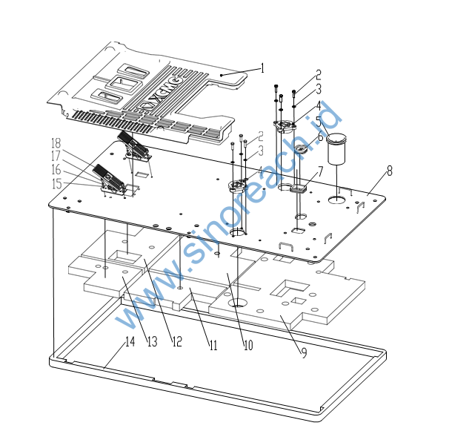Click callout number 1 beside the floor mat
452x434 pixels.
[x=262, y=68]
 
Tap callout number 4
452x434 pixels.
[x=318, y=105]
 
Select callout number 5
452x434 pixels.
[x=318, y=122]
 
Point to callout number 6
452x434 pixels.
[x=321, y=137]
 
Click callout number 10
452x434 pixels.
[x=247, y=345]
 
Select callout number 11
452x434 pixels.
[x=212, y=345]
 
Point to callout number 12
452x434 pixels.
[x=176, y=342]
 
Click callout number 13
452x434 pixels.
[x=152, y=342]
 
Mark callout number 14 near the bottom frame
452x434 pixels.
[x=130, y=342]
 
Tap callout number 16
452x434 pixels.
[x=56, y=170]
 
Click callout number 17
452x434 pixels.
[x=56, y=157]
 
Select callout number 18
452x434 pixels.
[x=56, y=143]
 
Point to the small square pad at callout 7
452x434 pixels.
[x=300, y=189]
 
